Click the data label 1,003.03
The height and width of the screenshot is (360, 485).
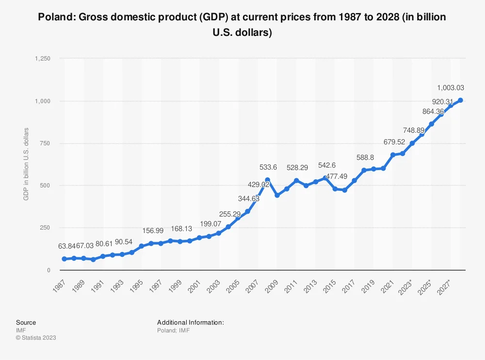pyautogui.click(x=451, y=88)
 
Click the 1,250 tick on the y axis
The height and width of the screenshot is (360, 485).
pyautogui.click(x=43, y=58)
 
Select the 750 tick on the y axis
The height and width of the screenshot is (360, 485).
pyautogui.click(x=46, y=143)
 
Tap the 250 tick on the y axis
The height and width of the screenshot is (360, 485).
pyautogui.click(x=46, y=228)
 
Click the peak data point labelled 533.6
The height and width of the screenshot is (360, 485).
pyautogui.click(x=267, y=180)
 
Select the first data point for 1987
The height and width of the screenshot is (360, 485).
pyautogui.click(x=64, y=259)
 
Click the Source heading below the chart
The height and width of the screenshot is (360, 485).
pyautogui.click(x=26, y=322)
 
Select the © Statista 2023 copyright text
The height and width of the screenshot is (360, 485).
pyautogui.click(x=36, y=338)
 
